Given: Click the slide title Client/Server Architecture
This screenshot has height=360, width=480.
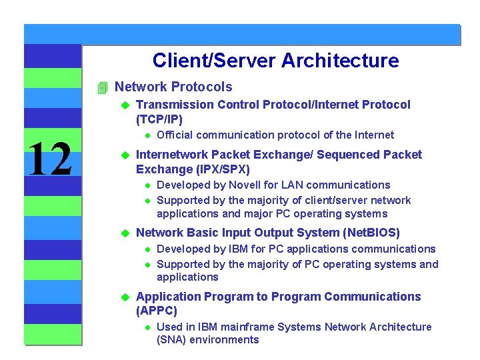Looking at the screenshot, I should (x=275, y=61).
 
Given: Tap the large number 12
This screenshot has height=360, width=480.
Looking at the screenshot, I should (x=51, y=161).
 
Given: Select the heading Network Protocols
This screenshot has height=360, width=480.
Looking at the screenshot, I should (x=173, y=87).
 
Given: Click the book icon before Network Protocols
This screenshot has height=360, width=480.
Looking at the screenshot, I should (x=101, y=87).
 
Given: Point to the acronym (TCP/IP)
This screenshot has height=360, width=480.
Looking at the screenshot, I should (x=159, y=119).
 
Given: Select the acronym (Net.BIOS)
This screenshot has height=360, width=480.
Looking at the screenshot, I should (x=370, y=233).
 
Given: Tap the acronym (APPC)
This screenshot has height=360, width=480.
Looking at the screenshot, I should (x=157, y=311).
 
